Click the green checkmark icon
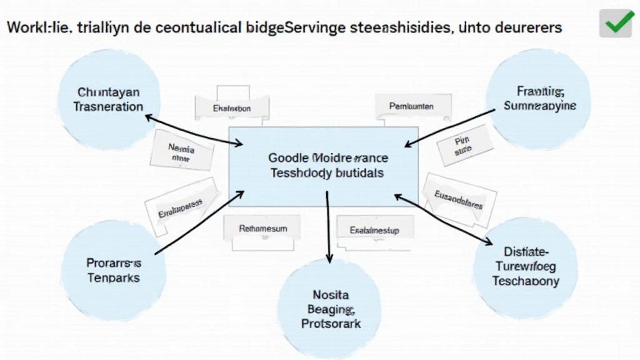point(616,24)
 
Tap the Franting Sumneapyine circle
point(539,99)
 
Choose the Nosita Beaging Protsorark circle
point(329,306)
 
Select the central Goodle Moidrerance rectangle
point(324,166)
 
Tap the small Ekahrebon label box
point(232,108)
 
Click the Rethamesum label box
point(263,229)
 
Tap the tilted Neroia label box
point(182,152)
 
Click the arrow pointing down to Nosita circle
point(328,228)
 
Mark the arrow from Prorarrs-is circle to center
point(199,223)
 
